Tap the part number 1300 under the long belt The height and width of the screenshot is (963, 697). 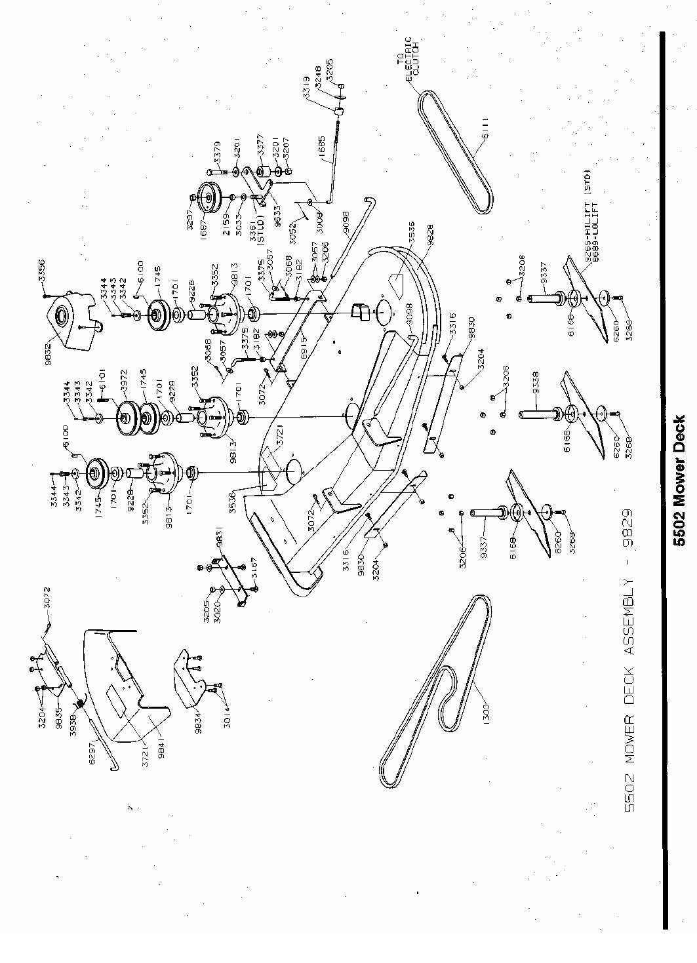tap(487, 709)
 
